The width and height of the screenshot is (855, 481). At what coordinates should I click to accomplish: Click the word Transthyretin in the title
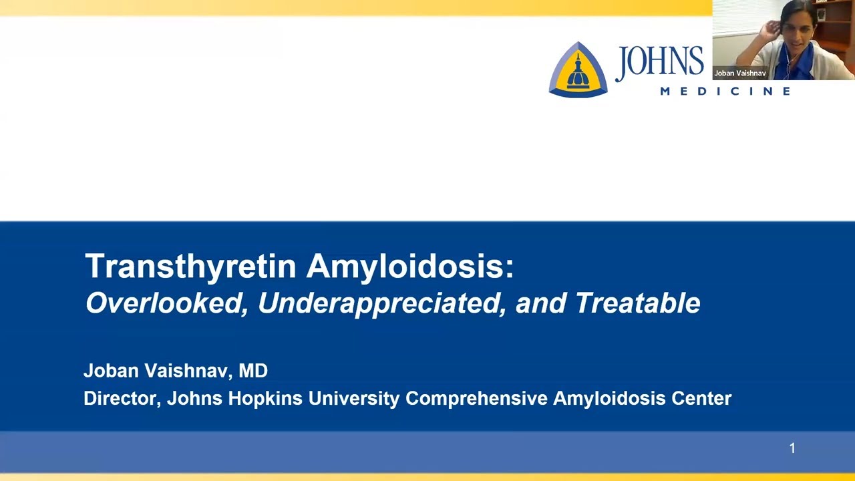pyautogui.click(x=190, y=266)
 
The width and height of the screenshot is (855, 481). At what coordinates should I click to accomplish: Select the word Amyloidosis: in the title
pyautogui.click(x=410, y=266)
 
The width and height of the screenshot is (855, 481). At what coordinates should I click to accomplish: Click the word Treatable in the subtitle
pyautogui.click(x=637, y=303)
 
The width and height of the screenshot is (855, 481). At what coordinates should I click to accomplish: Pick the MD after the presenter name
pyautogui.click(x=253, y=371)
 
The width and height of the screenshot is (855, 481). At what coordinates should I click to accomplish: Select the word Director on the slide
pyautogui.click(x=122, y=398)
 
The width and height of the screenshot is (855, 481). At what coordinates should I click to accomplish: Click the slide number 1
pyautogui.click(x=792, y=448)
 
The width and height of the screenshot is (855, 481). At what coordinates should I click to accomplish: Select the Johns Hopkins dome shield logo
pyautogui.click(x=578, y=69)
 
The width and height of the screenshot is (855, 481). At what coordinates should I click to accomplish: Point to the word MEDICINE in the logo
pyautogui.click(x=725, y=91)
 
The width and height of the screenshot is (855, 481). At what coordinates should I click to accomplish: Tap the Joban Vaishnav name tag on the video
pyautogui.click(x=740, y=73)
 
